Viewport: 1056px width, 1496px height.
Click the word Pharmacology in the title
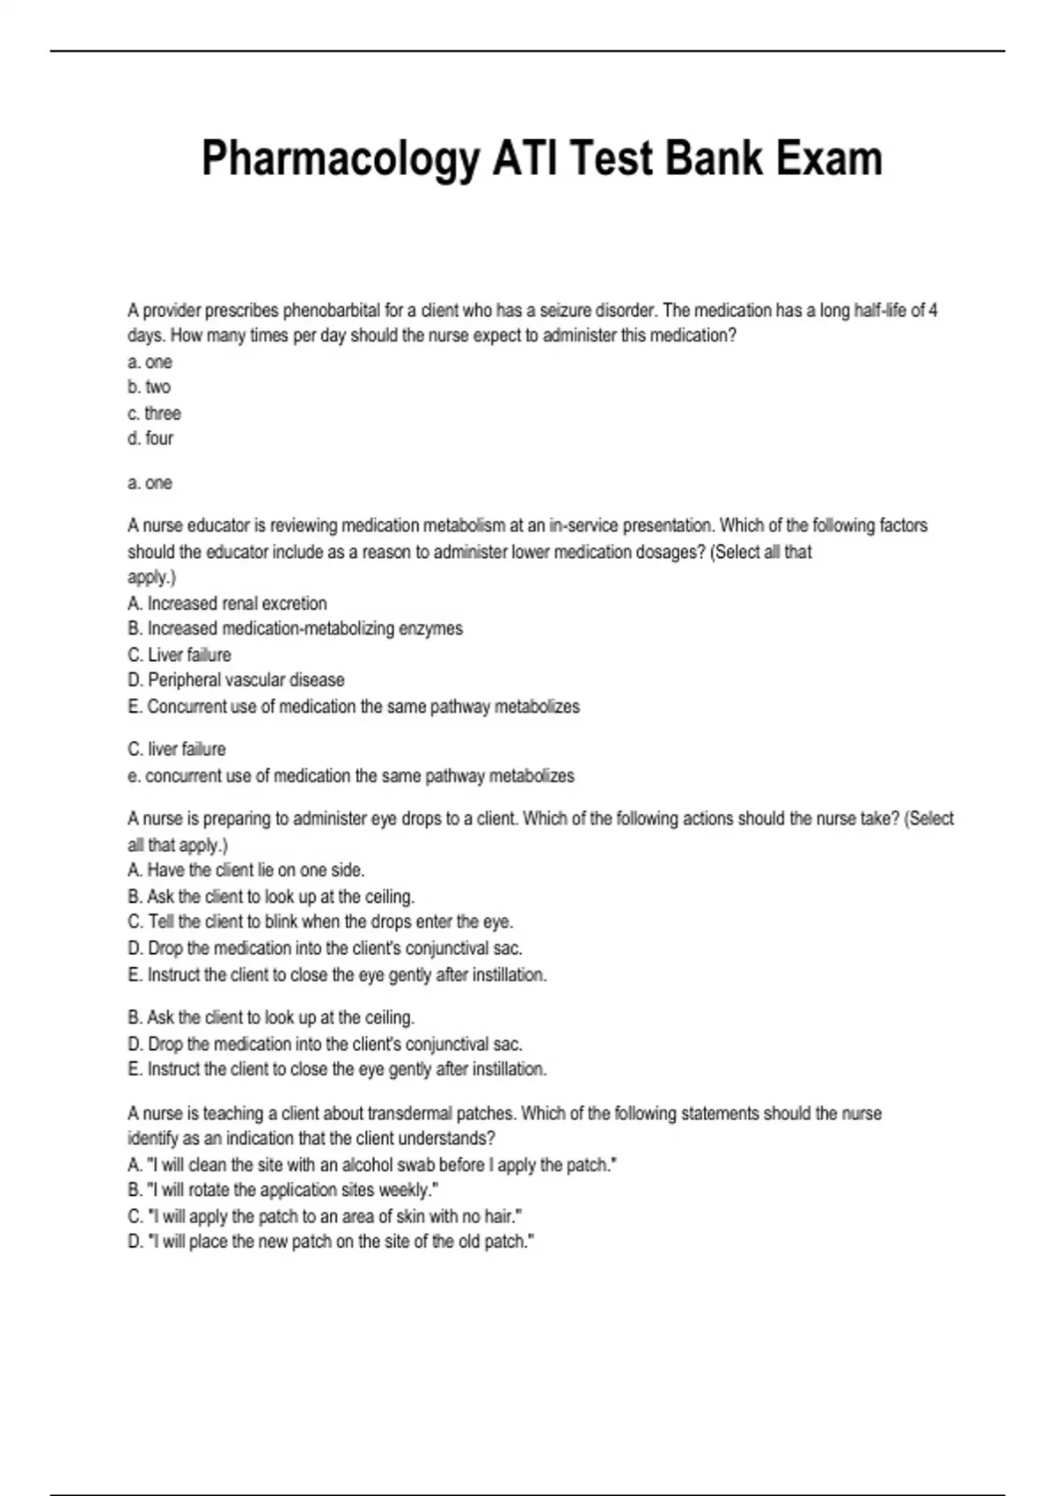point(340,160)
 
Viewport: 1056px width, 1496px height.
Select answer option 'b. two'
point(150,387)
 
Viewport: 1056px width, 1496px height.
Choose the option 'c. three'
point(154,413)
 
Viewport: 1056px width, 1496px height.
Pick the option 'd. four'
point(150,438)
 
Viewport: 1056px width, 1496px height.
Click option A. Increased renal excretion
point(227,604)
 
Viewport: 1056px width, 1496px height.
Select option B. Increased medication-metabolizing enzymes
point(295,628)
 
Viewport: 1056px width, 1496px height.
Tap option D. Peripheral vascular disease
point(236,680)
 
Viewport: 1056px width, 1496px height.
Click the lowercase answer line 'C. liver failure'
point(176,749)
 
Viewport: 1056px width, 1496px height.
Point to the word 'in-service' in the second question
point(583,525)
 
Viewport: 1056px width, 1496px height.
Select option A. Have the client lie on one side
point(246,870)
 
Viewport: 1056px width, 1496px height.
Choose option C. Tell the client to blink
point(320,921)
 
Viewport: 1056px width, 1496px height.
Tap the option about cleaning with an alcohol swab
point(372,1165)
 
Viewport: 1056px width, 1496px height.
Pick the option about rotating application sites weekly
point(283,1191)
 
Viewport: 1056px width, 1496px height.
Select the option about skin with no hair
point(325,1216)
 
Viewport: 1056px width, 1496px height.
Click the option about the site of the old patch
point(331,1242)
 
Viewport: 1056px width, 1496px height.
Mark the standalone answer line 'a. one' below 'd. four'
point(150,483)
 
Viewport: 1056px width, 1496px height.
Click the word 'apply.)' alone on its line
point(151,577)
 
